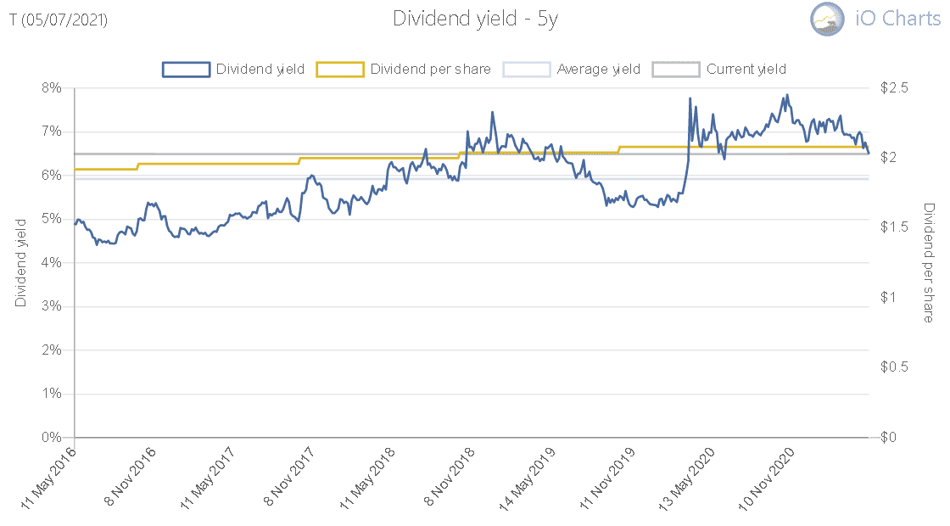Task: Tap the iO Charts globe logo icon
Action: (x=828, y=19)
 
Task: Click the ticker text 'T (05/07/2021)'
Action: (x=59, y=20)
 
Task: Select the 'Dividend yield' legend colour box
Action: (x=186, y=70)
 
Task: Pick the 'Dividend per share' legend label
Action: (x=430, y=70)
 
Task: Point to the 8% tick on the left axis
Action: (x=52, y=87)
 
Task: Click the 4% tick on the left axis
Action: (x=52, y=263)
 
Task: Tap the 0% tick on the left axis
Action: (x=52, y=438)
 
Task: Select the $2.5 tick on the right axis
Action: (x=895, y=87)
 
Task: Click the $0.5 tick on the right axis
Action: (x=895, y=367)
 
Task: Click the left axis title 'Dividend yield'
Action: (x=21, y=261)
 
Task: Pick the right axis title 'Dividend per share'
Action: (x=929, y=262)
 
